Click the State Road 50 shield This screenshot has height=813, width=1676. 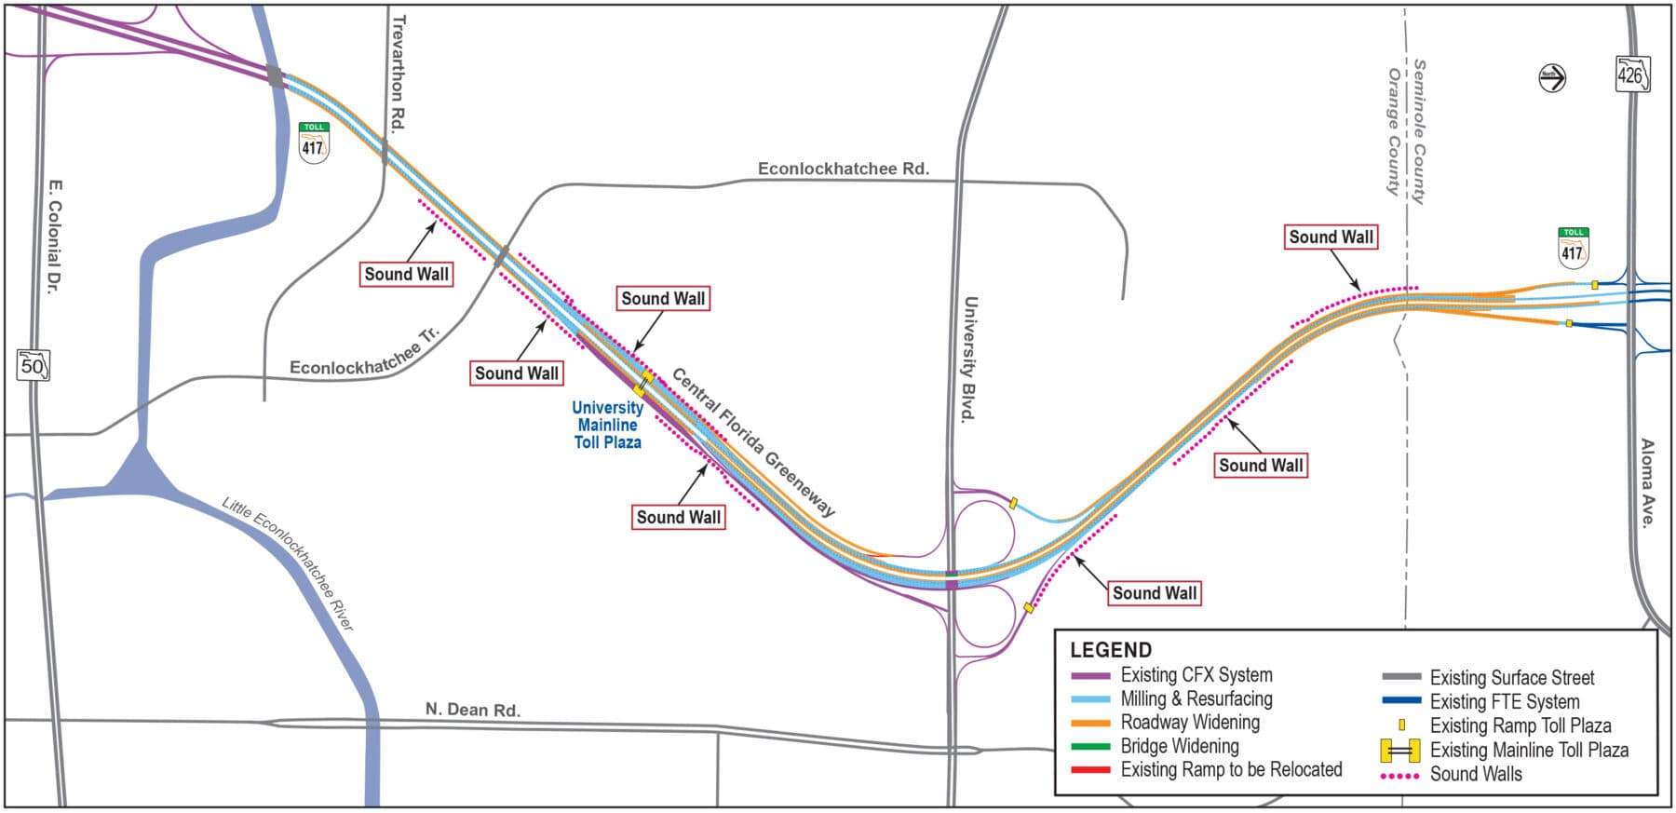click(x=33, y=365)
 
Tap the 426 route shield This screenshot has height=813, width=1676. click(x=1632, y=75)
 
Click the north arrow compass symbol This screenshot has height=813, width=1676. click(x=1552, y=78)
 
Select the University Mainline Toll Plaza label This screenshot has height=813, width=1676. click(x=607, y=425)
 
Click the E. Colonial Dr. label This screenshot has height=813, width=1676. click(x=53, y=237)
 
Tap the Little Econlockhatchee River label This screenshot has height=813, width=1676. click(x=288, y=564)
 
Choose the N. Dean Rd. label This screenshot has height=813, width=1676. click(x=472, y=710)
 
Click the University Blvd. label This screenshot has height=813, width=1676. click(x=969, y=359)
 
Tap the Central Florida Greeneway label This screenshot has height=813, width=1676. click(x=753, y=442)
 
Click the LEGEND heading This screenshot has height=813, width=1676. click(x=1110, y=650)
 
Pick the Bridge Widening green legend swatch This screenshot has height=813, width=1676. click(x=1090, y=746)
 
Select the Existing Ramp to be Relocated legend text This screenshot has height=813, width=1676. click(x=1231, y=769)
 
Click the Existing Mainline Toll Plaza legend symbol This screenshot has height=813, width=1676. click(x=1399, y=750)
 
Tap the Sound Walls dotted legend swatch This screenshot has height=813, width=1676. click(x=1399, y=775)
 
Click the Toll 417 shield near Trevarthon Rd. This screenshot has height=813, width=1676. click(x=313, y=143)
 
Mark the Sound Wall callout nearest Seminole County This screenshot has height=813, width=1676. click(x=1331, y=237)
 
